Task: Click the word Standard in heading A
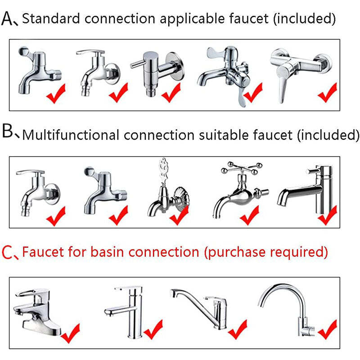(51, 18)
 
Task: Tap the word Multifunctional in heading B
(71, 135)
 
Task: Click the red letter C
(7, 252)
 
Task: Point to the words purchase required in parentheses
(266, 252)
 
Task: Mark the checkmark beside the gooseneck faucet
(328, 329)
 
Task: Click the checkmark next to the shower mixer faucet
(328, 93)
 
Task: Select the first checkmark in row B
(56, 216)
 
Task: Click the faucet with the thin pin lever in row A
(157, 73)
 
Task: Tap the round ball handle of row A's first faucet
(23, 51)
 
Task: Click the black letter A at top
(7, 19)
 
